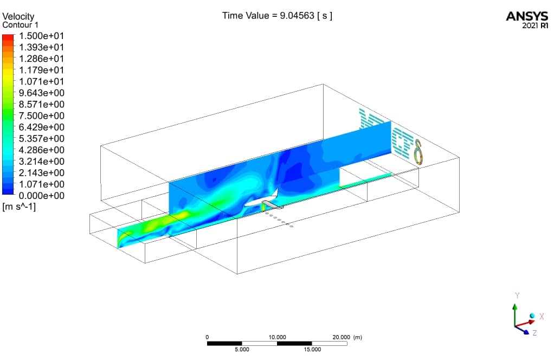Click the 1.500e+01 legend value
pyautogui.click(x=41, y=36)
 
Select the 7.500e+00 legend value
pyautogui.click(x=41, y=116)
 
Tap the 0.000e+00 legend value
pyautogui.click(x=41, y=196)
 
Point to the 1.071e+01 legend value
pyautogui.click(x=41, y=82)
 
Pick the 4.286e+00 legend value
pyautogui.click(x=41, y=150)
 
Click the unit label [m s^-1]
pyautogui.click(x=19, y=207)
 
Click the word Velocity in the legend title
pyautogui.click(x=18, y=16)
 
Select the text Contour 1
pyautogui.click(x=20, y=25)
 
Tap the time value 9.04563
pyautogui.click(x=297, y=16)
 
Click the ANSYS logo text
pyautogui.click(x=527, y=16)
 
